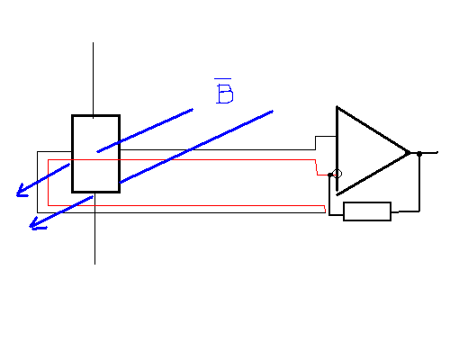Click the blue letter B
(225, 94)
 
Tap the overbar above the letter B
(222, 79)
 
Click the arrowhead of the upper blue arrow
(22, 191)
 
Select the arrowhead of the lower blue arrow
(37, 224)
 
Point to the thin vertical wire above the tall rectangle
(93, 80)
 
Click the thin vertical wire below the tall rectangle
(94, 229)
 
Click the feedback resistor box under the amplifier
(367, 211)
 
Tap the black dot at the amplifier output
(419, 154)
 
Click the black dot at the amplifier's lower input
(330, 175)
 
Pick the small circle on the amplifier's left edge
(337, 174)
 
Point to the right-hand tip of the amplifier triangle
(409, 152)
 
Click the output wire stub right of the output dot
(429, 153)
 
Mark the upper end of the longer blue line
(273, 112)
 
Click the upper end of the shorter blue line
(193, 110)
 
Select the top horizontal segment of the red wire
(182, 160)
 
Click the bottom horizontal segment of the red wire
(186, 206)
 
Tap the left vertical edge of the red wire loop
(48, 183)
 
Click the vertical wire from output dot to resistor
(419, 184)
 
